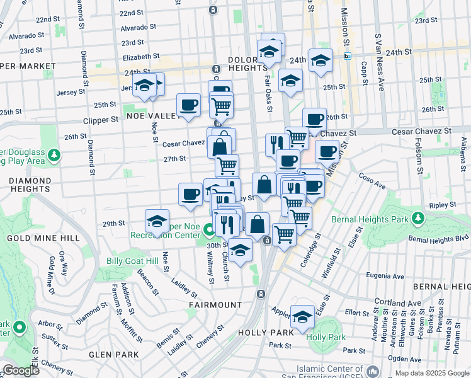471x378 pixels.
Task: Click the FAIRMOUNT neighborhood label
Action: pyautogui.click(x=215, y=304)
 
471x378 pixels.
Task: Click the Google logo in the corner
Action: pyautogui.click(x=21, y=370)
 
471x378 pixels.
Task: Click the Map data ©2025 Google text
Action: pyautogui.click(x=432, y=373)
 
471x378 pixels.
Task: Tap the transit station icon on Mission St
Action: pyautogui.click(x=347, y=56)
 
